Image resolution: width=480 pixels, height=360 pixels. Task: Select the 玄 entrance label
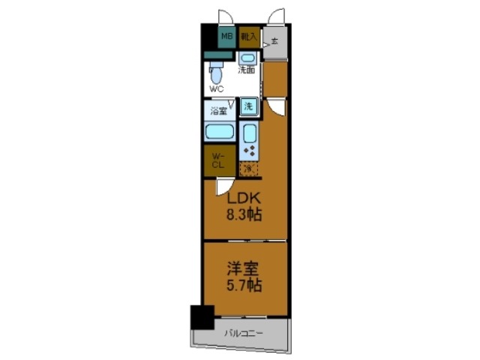tap(274, 40)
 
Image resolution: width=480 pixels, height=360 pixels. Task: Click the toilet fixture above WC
tap(217, 75)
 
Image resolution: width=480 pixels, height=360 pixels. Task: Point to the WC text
tap(217, 88)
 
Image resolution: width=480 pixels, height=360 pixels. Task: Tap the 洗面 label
tap(247, 70)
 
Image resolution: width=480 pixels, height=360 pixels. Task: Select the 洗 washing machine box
tap(250, 106)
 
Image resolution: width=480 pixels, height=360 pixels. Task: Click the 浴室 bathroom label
tap(218, 112)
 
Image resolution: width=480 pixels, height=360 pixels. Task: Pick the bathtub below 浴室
tap(220, 133)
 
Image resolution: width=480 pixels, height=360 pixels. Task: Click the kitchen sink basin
tap(250, 134)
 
